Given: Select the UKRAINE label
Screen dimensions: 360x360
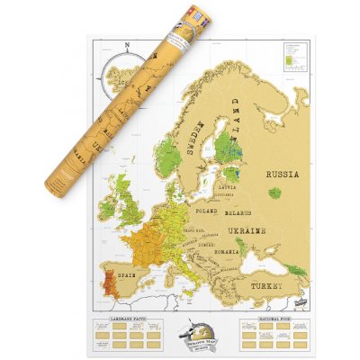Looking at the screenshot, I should [247, 232].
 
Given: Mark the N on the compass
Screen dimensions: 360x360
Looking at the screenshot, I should [127, 46].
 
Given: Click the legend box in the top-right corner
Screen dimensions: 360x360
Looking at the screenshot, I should [293, 57].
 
